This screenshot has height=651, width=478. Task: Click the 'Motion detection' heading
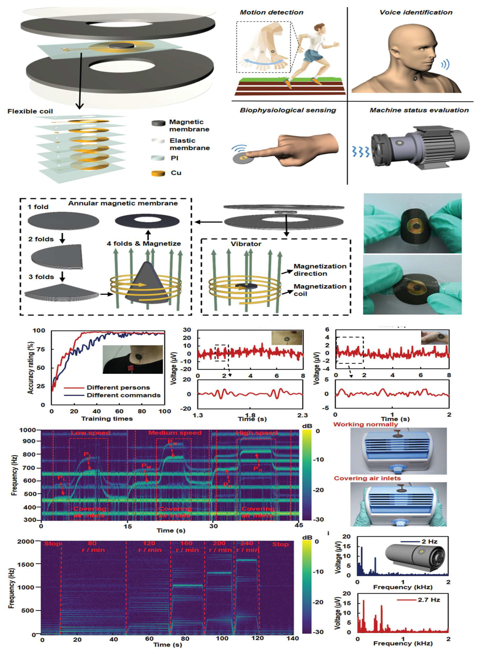coord(271,12)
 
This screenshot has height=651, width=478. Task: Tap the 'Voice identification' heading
coord(416,12)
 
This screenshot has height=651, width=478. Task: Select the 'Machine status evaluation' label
coord(419,110)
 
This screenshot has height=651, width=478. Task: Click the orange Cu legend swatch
coord(158,173)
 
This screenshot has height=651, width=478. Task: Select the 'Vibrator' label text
coord(246,244)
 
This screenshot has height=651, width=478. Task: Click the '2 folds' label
coord(41,239)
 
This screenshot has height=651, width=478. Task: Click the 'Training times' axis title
coord(107,419)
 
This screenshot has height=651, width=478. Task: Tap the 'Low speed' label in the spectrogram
coord(91,433)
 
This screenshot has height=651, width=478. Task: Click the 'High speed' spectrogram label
coord(257,433)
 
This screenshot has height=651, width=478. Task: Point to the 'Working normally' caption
coord(365,424)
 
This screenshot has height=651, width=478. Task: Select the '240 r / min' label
coord(247,547)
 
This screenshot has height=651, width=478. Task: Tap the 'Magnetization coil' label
coord(320,290)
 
